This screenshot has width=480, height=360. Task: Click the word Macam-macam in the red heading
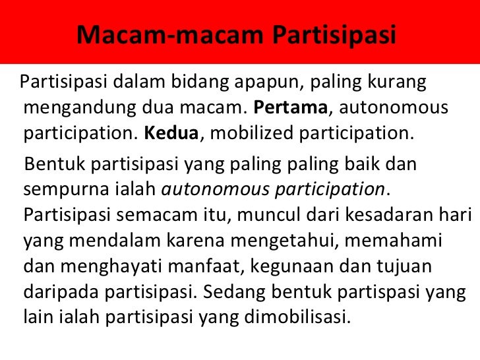pos(170,34)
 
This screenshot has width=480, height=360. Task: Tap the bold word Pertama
pos(291,107)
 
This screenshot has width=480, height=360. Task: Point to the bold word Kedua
pos(171,133)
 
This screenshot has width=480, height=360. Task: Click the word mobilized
pos(252,133)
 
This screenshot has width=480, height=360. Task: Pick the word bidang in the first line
pos(200,82)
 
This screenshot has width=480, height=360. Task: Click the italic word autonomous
pos(215,189)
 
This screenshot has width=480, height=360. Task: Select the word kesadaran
pos(388,214)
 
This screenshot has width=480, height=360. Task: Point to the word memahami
pos(394,240)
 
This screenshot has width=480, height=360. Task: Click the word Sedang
pos(234,292)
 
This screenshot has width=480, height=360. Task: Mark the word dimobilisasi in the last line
pos(297,317)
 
